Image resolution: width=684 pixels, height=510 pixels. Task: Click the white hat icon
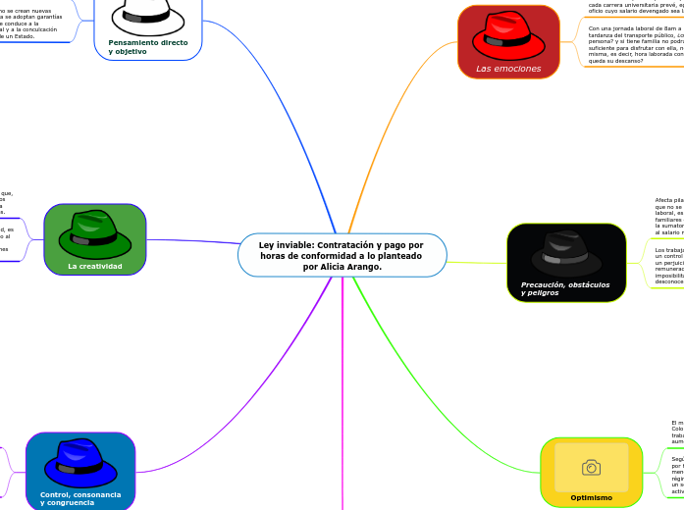(147, 14)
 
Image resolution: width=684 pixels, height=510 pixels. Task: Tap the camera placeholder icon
(591, 468)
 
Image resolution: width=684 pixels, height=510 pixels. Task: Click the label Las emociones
(508, 69)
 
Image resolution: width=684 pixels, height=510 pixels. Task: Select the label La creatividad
(94, 266)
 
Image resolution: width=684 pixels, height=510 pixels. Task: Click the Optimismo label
(591, 497)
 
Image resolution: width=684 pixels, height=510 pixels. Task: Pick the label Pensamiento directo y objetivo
(148, 47)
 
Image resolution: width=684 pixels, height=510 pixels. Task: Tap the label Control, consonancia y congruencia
(80, 498)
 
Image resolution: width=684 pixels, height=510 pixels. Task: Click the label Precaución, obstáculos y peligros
(565, 288)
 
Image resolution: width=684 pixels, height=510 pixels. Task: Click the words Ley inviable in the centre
(285, 245)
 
